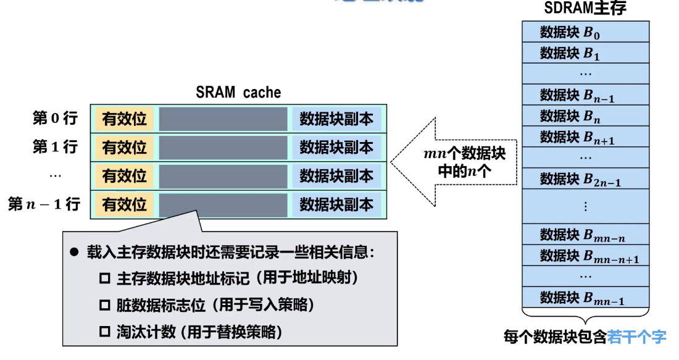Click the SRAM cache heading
tap(238, 93)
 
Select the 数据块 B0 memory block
tap(585, 32)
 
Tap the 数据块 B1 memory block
tap(585, 53)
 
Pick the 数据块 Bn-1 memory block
tap(585, 95)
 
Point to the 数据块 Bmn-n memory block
tap(585, 235)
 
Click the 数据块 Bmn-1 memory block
tap(585, 298)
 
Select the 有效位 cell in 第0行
tap(125, 119)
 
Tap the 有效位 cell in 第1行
tap(125, 147)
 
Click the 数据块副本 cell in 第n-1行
tap(336, 204)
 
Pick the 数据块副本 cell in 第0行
tap(336, 119)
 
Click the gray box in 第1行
tap(223, 147)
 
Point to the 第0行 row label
tap(55, 118)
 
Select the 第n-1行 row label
tap(44, 204)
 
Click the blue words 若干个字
tap(636, 337)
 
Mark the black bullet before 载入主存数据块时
tap(75, 252)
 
